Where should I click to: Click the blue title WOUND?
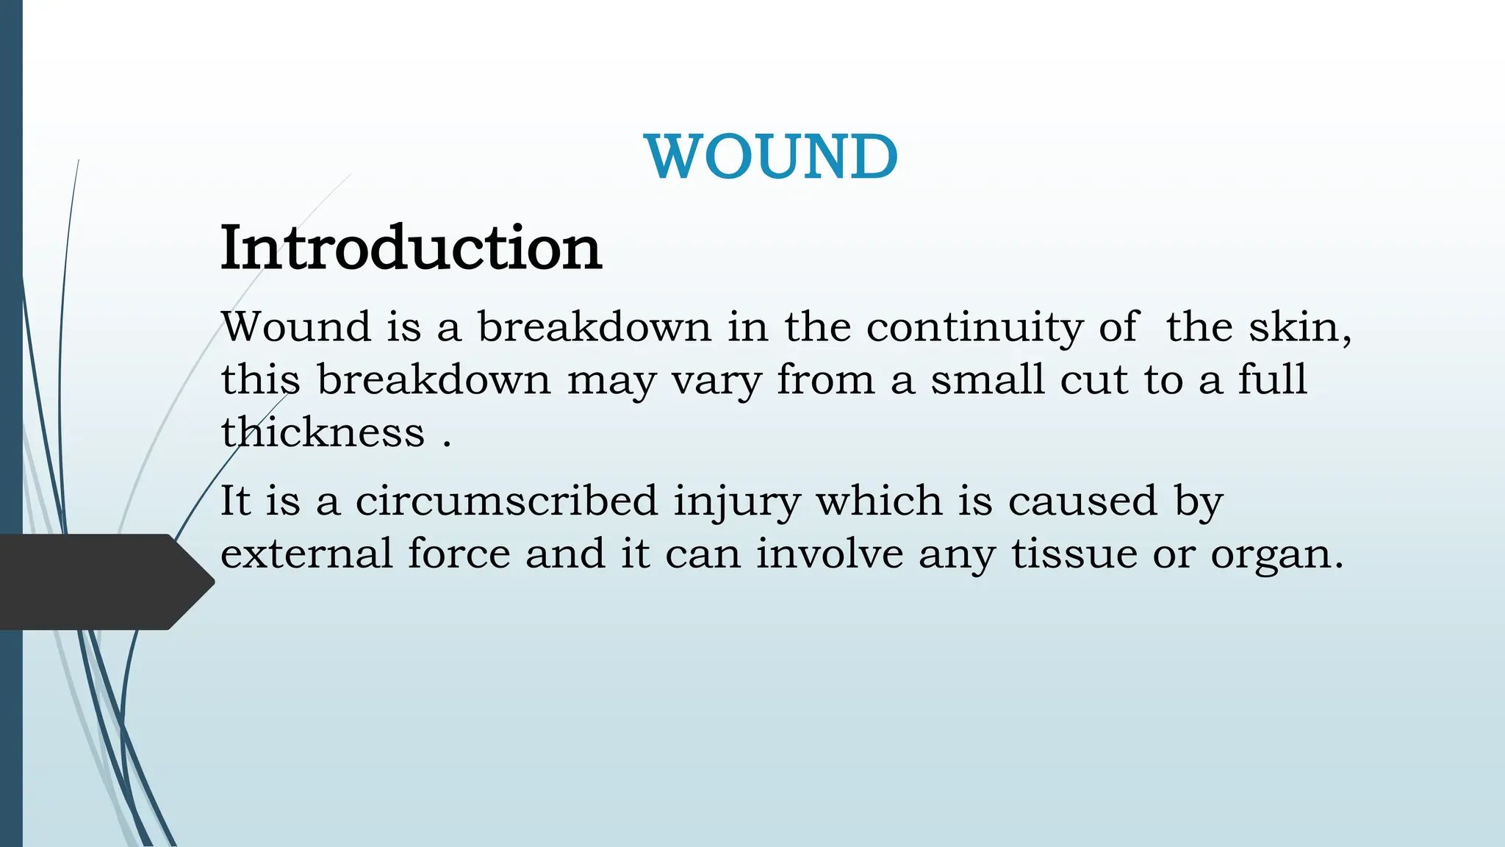[x=771, y=157]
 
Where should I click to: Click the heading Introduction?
[x=411, y=248]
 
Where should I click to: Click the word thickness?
[x=323, y=432]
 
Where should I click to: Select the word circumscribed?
[x=506, y=501]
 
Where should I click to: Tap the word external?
[x=306, y=554]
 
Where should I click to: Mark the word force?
[x=459, y=554]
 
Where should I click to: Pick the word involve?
[x=829, y=554]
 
